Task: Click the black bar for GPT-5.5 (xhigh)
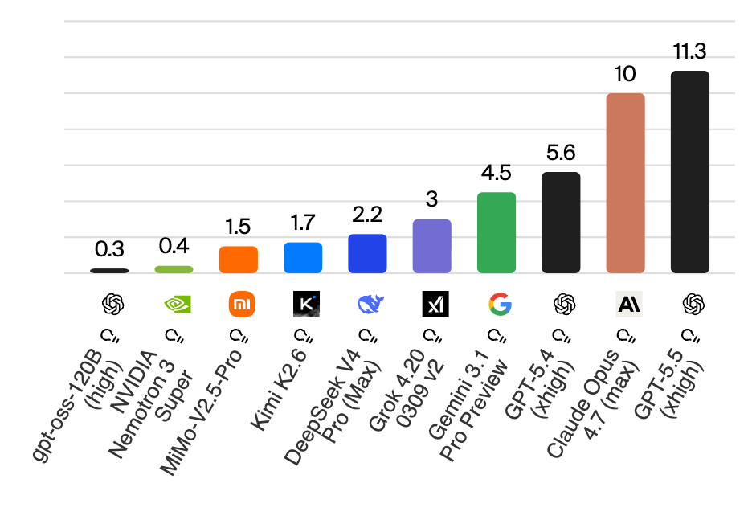(689, 172)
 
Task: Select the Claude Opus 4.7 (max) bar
(625, 183)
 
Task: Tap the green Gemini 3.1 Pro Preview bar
(497, 233)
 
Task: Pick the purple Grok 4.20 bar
(431, 246)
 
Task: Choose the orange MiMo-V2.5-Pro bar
(239, 260)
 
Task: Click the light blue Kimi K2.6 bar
(303, 257)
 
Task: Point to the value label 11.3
(689, 53)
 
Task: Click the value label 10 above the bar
(625, 75)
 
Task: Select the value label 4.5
(497, 174)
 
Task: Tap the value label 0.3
(109, 250)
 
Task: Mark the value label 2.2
(367, 215)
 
